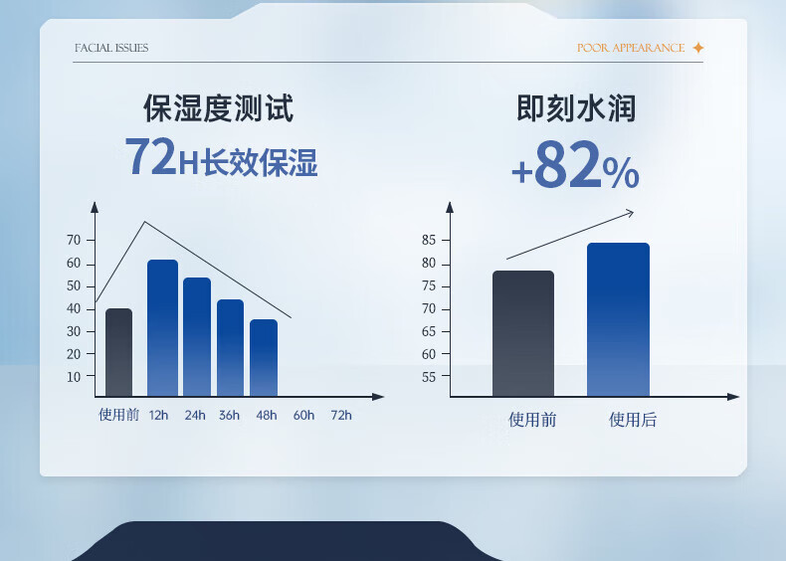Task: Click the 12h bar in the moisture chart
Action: (x=162, y=328)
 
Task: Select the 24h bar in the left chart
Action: (x=197, y=337)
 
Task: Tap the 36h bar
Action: (x=230, y=348)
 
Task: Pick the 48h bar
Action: (x=264, y=358)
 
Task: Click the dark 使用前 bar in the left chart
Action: (x=118, y=352)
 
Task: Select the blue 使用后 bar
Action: (x=618, y=320)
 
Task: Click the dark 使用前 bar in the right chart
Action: (x=523, y=334)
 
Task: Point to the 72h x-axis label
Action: (x=341, y=415)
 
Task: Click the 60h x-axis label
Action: (x=303, y=415)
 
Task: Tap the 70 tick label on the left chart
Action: (x=74, y=240)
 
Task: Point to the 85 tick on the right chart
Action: (x=429, y=240)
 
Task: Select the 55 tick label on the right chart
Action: (x=429, y=377)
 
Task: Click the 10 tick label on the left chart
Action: (x=74, y=377)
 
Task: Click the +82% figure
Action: (x=575, y=164)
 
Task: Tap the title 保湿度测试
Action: (x=219, y=107)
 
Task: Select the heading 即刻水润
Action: (x=576, y=107)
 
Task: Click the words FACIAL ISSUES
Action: (x=111, y=48)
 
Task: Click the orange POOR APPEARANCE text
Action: (x=631, y=48)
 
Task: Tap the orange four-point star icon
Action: (x=697, y=48)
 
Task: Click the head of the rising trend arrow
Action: (x=631, y=213)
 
